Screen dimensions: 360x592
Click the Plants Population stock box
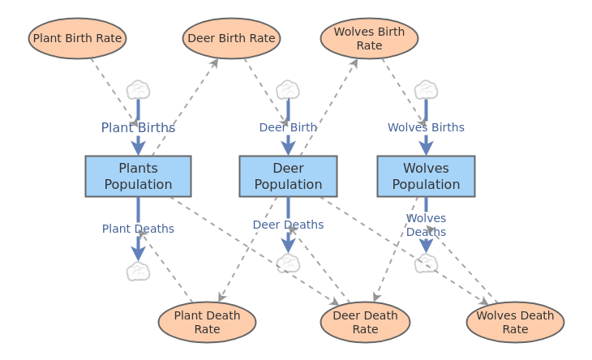click(138, 176)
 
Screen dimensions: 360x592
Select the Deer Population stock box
click(288, 176)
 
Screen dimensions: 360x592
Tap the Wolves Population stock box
click(426, 176)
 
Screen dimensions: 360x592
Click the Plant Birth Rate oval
click(77, 38)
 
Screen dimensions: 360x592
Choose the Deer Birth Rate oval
click(231, 38)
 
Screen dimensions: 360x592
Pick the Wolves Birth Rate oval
click(369, 38)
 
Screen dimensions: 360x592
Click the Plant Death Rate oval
click(207, 322)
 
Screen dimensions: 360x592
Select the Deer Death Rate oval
click(365, 322)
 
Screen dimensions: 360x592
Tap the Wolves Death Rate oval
click(515, 322)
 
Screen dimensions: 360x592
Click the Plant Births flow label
click(138, 127)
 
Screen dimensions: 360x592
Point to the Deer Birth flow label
click(288, 127)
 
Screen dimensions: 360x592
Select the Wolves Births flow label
click(426, 127)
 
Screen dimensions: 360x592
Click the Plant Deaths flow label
click(138, 229)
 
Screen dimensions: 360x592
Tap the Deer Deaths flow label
click(288, 225)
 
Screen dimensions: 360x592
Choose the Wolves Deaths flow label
click(426, 225)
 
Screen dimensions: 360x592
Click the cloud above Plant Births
click(138, 89)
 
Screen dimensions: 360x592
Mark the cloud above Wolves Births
click(426, 89)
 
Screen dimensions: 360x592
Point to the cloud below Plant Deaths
click(138, 271)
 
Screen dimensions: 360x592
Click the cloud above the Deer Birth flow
click(288, 89)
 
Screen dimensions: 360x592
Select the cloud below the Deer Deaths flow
click(288, 263)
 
